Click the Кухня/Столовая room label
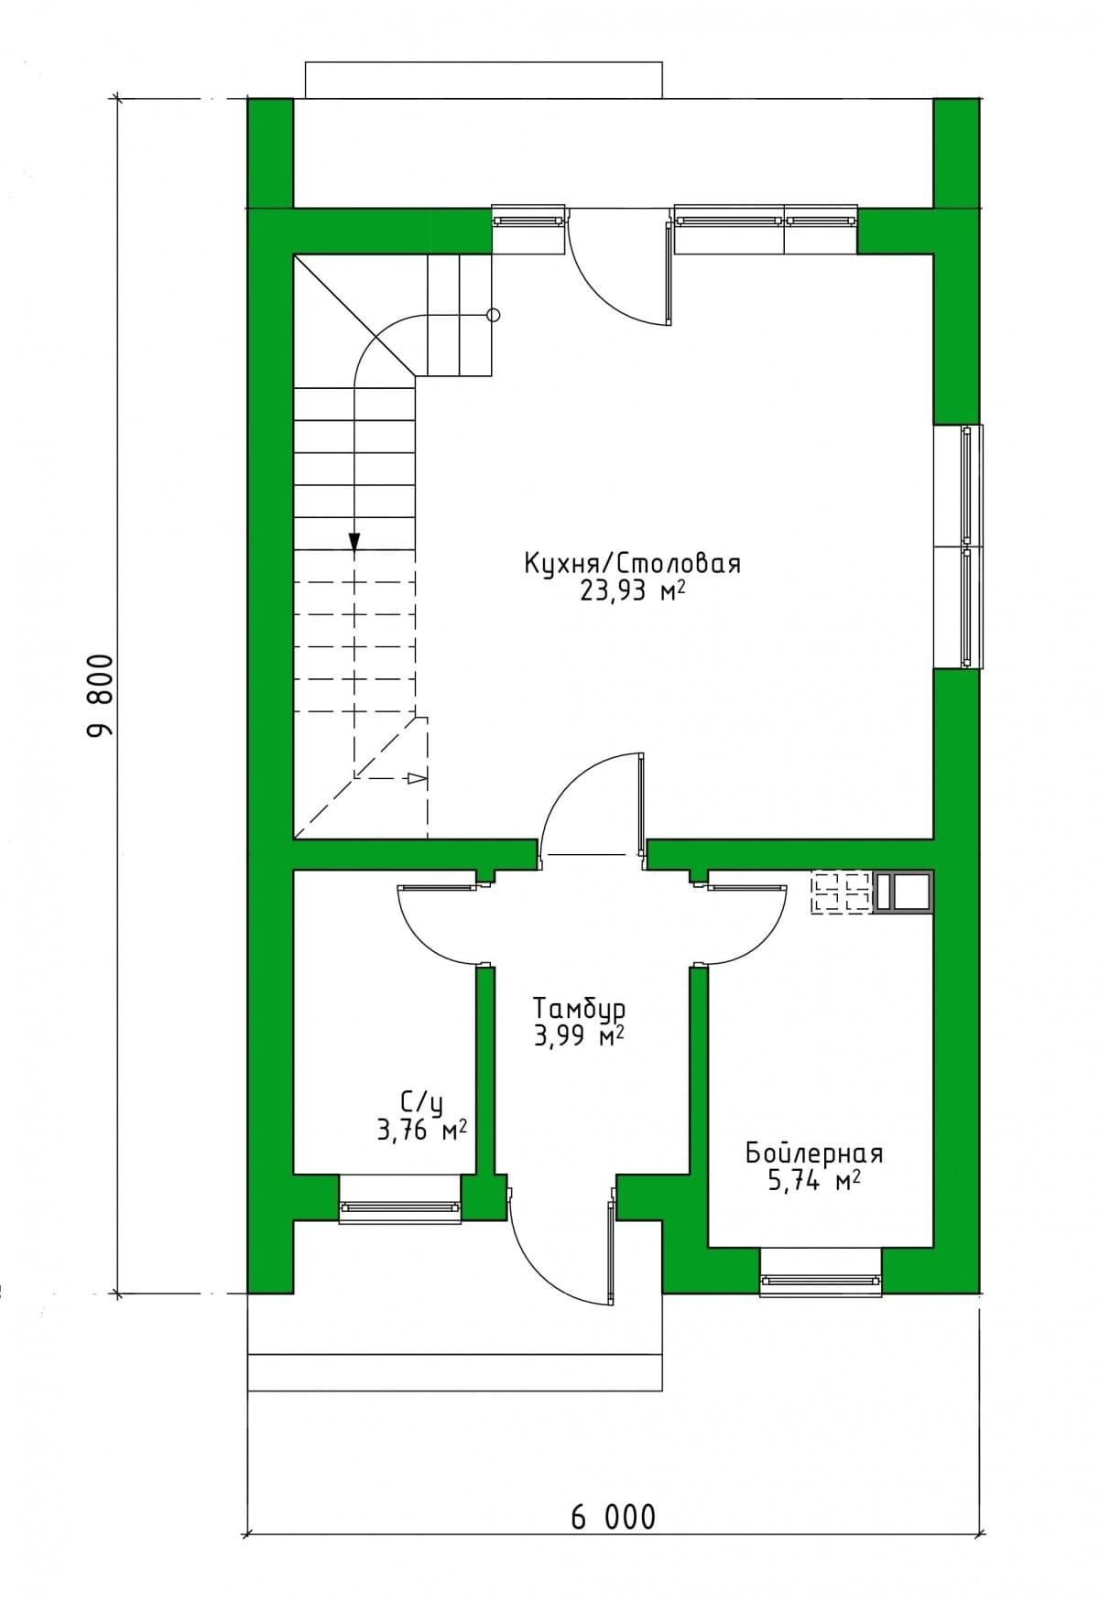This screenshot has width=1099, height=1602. (632, 563)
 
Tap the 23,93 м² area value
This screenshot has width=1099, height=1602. (633, 592)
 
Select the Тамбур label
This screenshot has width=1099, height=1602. (581, 1009)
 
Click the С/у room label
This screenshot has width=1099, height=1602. (422, 1102)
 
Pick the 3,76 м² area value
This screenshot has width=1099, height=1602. (422, 1131)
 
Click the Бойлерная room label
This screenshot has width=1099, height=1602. (814, 1153)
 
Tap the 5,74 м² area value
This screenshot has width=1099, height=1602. (814, 1182)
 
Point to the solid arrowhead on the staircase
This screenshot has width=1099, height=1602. (354, 542)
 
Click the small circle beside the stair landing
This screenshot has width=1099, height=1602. (494, 316)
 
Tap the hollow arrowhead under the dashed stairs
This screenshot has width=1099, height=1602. (418, 779)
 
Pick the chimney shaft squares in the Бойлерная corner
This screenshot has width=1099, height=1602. (904, 893)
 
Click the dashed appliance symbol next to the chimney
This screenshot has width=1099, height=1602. (842, 893)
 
